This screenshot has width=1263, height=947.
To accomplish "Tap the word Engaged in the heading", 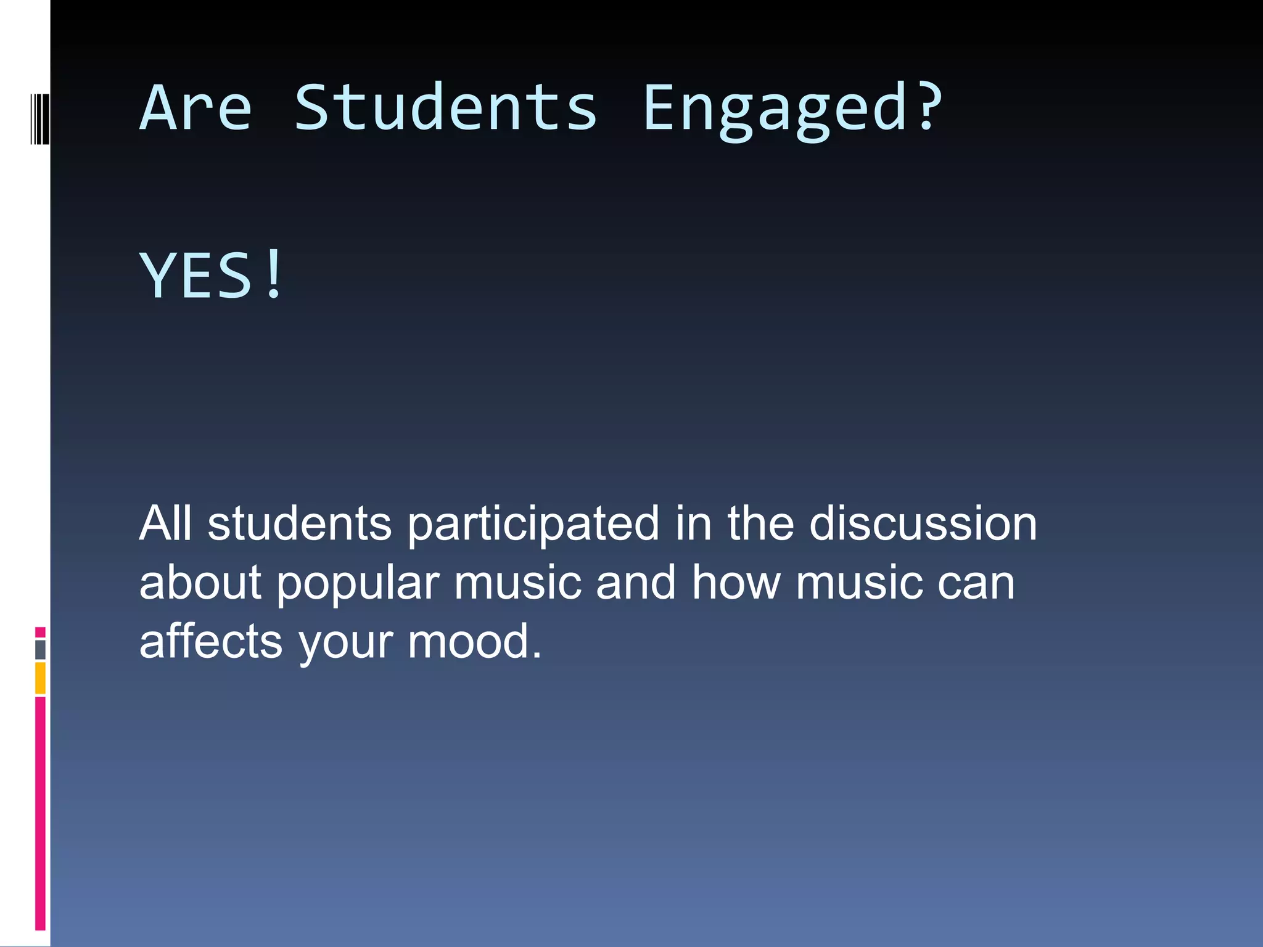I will pyautogui.click(x=773, y=110).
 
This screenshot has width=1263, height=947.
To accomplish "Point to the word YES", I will pyautogui.click(x=195, y=276).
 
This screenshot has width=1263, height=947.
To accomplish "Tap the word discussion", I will pyautogui.click(x=923, y=523).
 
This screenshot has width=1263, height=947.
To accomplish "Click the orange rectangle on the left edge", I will pyautogui.click(x=40, y=678).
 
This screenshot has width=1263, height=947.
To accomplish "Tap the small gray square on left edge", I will pyautogui.click(x=40, y=649).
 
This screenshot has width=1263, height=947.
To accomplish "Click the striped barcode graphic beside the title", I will pyautogui.click(x=40, y=119).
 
